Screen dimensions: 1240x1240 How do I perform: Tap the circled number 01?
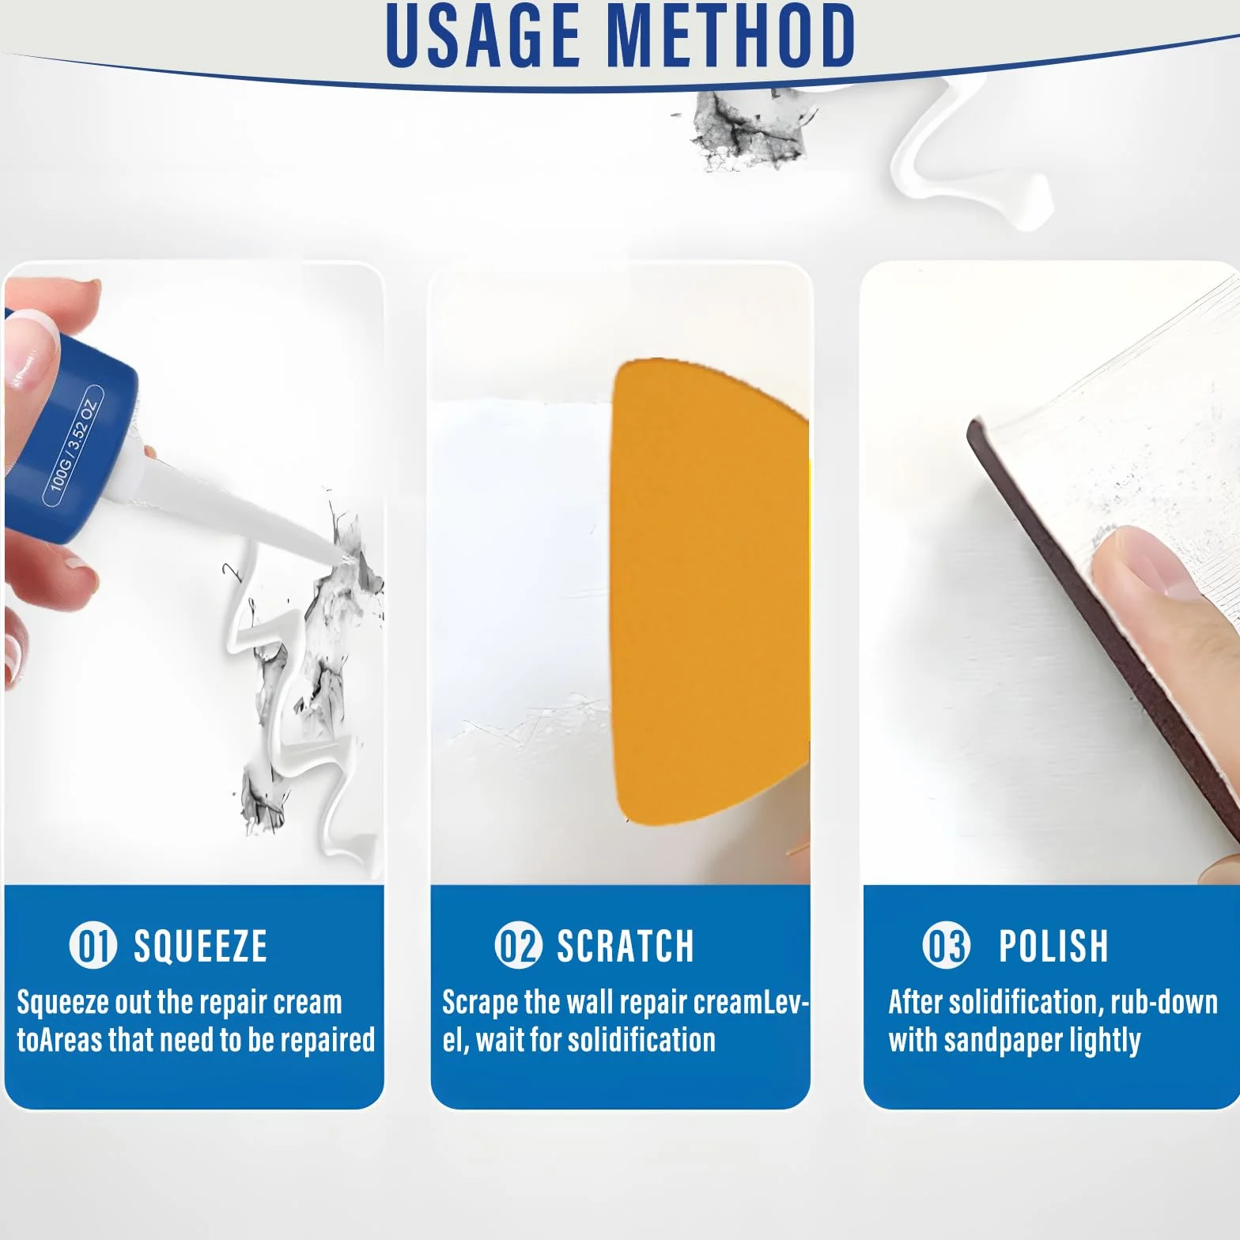tap(93, 946)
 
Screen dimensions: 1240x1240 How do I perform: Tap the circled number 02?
tap(518, 946)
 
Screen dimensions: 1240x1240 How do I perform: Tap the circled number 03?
tap(946, 946)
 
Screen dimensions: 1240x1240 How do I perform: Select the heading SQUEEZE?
tap(200, 946)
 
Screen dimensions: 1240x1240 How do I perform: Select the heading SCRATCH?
tap(625, 946)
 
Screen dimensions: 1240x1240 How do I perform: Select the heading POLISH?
tap(1053, 946)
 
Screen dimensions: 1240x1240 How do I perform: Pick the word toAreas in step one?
tap(59, 1040)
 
